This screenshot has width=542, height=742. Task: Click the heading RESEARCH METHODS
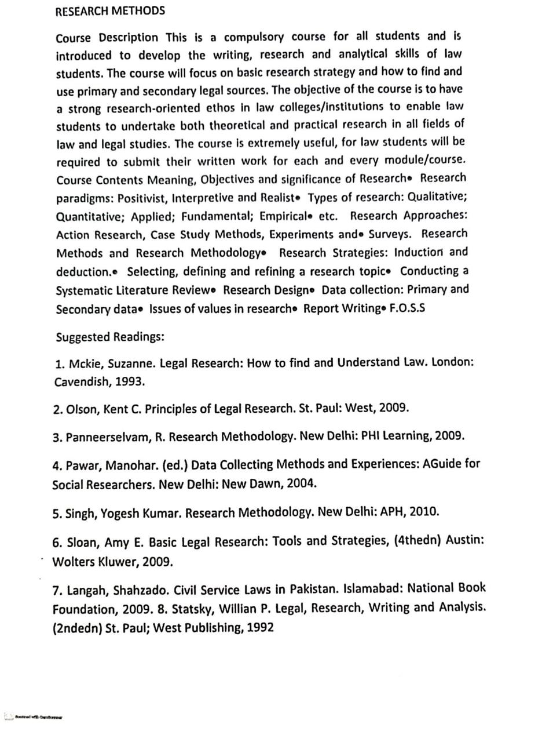[110, 11]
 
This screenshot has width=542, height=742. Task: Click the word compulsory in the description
[254, 38]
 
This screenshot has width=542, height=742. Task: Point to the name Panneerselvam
[108, 438]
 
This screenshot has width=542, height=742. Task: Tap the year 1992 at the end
[260, 627]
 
